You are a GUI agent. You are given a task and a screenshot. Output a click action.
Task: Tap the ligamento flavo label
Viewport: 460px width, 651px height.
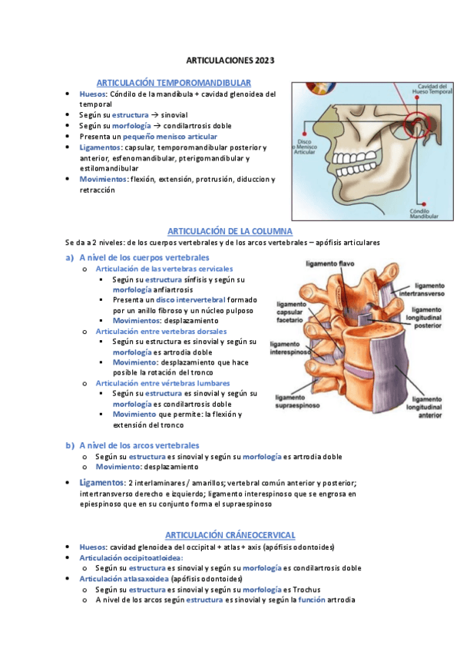tap(329, 263)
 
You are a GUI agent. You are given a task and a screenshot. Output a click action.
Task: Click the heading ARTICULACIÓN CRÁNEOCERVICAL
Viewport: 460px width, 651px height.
tap(230, 534)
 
